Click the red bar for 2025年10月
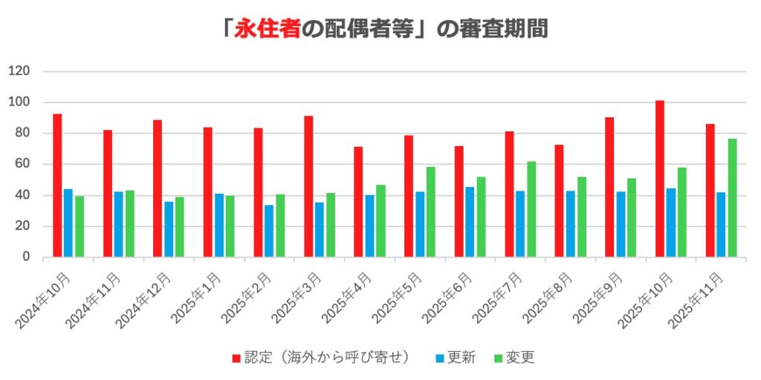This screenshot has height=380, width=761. click(x=660, y=179)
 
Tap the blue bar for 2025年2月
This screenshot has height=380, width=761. click(x=269, y=231)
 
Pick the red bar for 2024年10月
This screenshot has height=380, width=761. click(x=57, y=186)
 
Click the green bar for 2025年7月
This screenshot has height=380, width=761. click(x=531, y=209)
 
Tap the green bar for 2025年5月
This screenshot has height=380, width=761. click(x=431, y=212)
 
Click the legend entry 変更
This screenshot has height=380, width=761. click(x=514, y=358)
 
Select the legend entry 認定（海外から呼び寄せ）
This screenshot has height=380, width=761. click(x=321, y=358)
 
